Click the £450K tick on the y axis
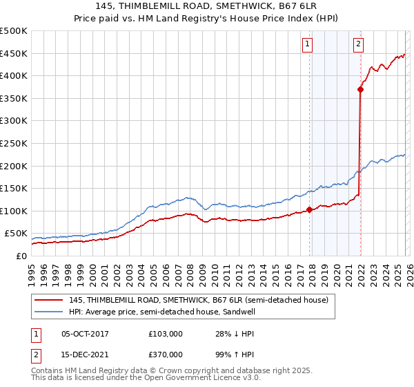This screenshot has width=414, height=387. click(x=14, y=53)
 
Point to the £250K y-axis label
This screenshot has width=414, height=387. click(x=14, y=143)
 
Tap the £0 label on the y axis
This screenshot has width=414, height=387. click(x=21, y=256)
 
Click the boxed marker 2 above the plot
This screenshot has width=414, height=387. click(x=359, y=45)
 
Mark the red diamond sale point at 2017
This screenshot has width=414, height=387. click(x=309, y=210)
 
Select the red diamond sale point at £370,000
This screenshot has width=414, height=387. click(x=360, y=89)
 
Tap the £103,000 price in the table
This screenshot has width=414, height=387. click(x=165, y=334)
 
